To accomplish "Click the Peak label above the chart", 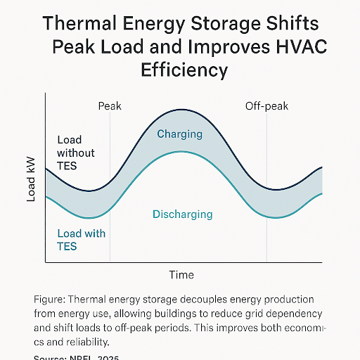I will coord(109,106).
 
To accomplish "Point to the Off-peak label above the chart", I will coord(266,106).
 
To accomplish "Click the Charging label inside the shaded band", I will coord(179,134).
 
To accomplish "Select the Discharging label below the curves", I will coord(182,214).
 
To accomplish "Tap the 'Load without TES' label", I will coord(76,153).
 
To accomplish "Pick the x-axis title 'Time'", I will coord(181,274).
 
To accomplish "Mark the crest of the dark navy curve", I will coord(181,110).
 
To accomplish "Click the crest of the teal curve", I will coord(181,151).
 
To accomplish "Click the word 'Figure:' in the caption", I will coord(50,299).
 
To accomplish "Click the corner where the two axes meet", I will coord(46,263).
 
